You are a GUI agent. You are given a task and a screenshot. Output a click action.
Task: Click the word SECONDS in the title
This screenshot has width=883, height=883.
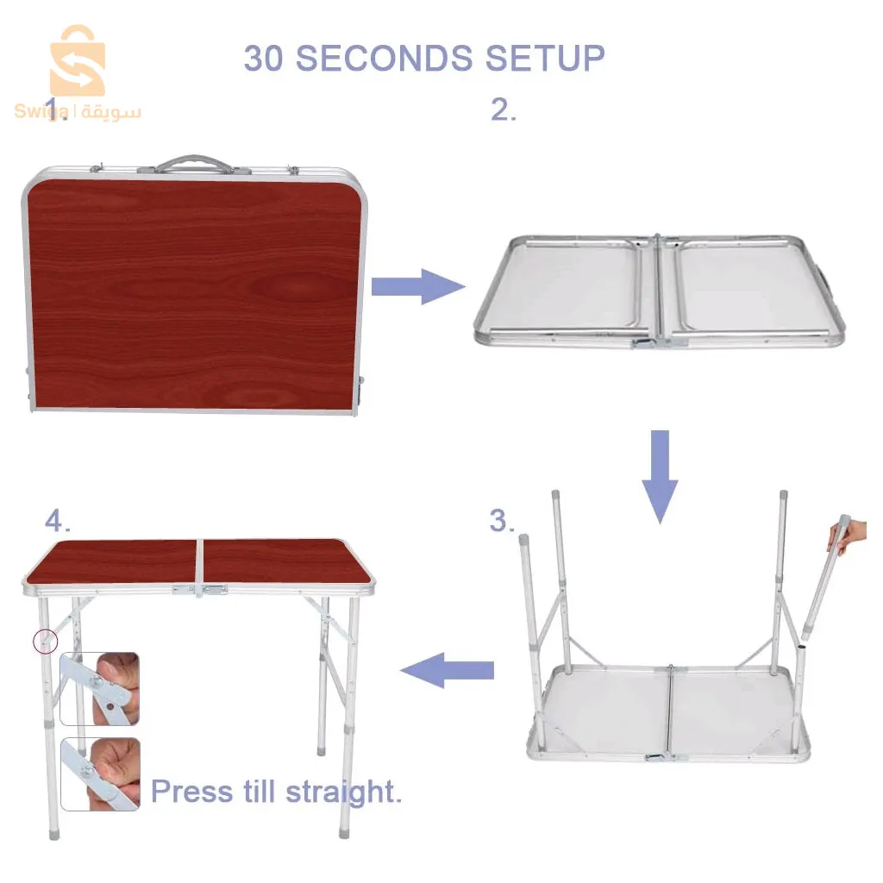click(384, 58)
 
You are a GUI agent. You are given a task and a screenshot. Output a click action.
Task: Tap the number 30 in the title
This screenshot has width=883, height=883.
click(263, 58)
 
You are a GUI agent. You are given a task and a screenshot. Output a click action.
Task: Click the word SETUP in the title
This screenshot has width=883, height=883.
click(545, 58)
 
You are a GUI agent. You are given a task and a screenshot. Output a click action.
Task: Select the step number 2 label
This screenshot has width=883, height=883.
click(503, 110)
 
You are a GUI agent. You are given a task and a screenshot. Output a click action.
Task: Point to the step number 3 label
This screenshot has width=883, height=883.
click(502, 520)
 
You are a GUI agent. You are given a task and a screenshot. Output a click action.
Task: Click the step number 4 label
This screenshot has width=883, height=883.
click(57, 520)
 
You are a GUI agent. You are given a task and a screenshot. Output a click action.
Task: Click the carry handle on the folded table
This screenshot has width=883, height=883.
click(194, 163)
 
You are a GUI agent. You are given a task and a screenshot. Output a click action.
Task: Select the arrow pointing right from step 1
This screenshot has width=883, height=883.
click(418, 286)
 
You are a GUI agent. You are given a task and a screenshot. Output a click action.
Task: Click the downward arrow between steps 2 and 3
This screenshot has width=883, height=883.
click(660, 477)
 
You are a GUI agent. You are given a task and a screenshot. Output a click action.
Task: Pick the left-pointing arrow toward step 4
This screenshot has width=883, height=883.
click(447, 670)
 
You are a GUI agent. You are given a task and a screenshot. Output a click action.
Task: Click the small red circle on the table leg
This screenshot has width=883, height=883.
click(46, 642)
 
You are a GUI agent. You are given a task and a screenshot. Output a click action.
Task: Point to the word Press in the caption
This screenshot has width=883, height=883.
click(191, 792)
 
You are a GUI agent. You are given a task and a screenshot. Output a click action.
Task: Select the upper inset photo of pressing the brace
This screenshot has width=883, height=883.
click(100, 689)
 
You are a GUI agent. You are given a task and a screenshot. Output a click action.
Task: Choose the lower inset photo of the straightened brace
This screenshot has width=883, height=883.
click(100, 774)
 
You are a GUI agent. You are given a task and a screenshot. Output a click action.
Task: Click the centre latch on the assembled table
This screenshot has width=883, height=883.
click(199, 590)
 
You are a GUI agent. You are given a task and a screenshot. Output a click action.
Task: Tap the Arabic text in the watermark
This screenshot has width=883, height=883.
click(111, 112)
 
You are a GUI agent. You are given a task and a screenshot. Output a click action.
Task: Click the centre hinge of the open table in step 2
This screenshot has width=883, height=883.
click(658, 290)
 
